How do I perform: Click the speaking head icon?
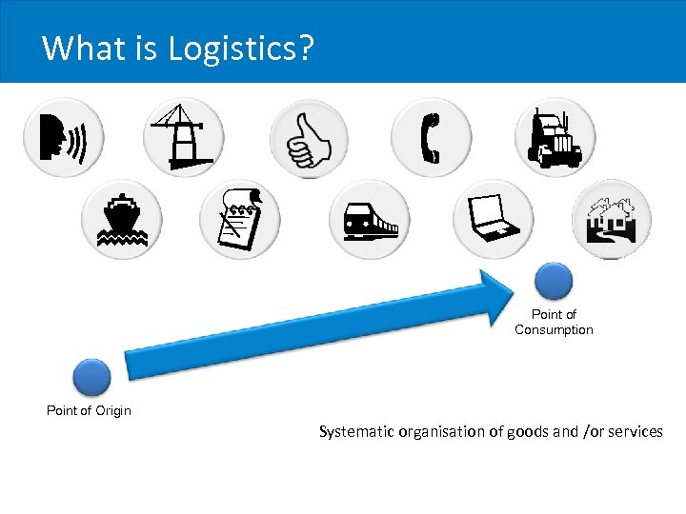pyautogui.click(x=63, y=139)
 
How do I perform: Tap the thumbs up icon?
pyautogui.click(x=309, y=139)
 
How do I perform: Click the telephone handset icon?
pyautogui.click(x=431, y=139)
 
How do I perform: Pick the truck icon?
pyautogui.click(x=555, y=139)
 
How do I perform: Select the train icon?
pyautogui.click(x=369, y=220)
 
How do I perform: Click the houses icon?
pyautogui.click(x=612, y=220)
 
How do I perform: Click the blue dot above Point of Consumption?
pyautogui.click(x=554, y=282)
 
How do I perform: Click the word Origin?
pyautogui.click(x=111, y=411)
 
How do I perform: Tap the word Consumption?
pyautogui.click(x=554, y=330)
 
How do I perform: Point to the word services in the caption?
pyautogui.click(x=635, y=432)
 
